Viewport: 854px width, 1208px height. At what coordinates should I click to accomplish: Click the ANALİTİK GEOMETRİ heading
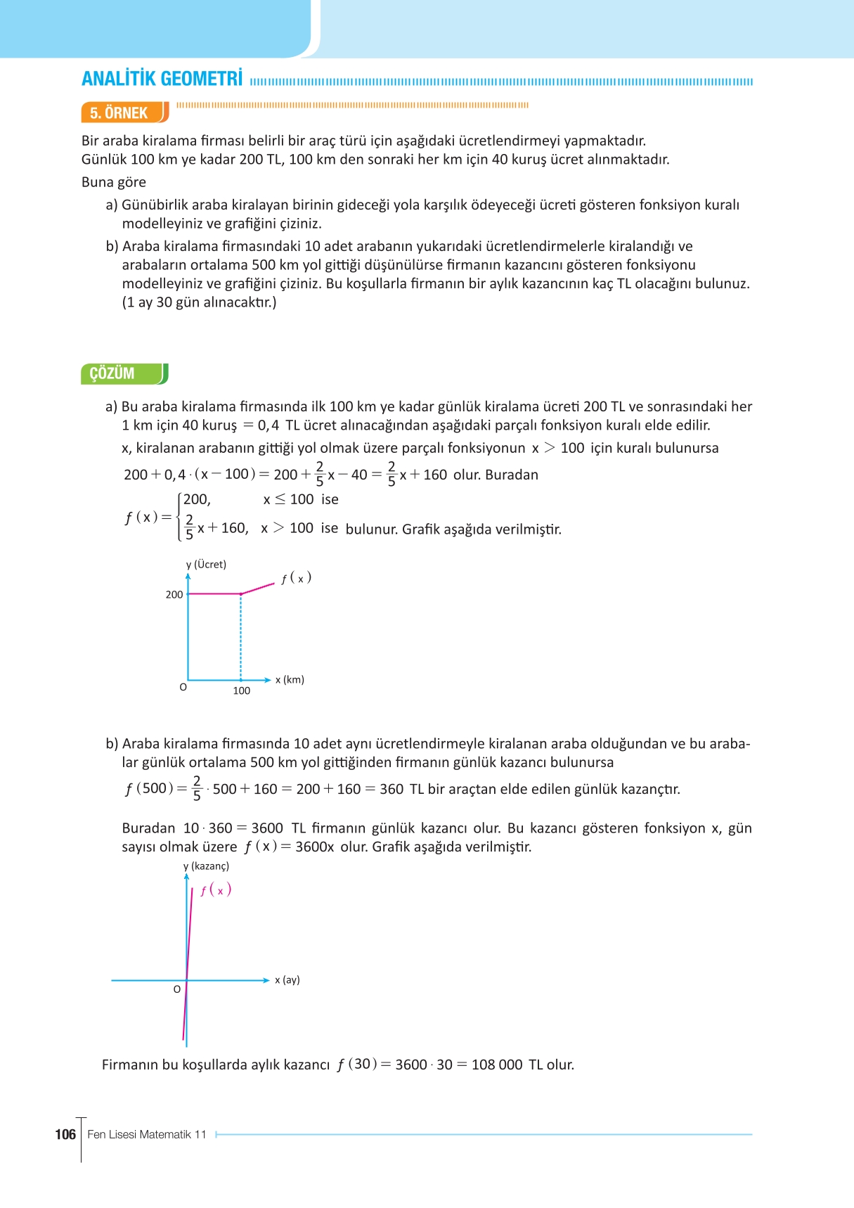pos(162,79)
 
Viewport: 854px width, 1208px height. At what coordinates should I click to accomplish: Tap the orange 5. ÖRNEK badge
pos(119,113)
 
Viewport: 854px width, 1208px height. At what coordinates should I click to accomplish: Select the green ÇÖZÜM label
pos(112,373)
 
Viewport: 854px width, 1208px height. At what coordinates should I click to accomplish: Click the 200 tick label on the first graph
pos(174,595)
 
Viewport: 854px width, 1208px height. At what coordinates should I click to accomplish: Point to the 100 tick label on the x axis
pos(241,690)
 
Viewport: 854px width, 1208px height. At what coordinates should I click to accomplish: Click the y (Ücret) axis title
pos(206,565)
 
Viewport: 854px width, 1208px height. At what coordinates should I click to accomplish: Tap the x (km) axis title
pos(290,680)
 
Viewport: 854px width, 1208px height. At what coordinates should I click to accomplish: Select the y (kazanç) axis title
pos(206,866)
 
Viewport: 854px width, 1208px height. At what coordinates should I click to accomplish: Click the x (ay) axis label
pos(287,980)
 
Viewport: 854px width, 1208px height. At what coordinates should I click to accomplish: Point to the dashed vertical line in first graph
pos(241,637)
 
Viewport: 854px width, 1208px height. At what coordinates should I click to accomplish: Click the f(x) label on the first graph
pos(296,578)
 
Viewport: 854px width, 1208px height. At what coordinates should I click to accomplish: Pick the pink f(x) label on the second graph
pos(216,890)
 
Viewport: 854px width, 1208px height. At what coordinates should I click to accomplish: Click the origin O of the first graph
pos(183,688)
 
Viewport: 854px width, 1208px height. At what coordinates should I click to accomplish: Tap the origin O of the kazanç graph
pos(177,989)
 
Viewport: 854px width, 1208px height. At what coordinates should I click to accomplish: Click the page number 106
pos(65,1134)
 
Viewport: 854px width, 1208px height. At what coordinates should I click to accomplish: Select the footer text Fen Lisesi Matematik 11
pos(147,1134)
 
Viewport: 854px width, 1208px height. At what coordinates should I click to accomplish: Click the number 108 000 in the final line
pos(496,1065)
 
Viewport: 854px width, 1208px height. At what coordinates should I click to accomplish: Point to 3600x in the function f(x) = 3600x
pos(314,847)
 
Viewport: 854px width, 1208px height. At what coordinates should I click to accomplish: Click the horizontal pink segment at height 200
pos(214,594)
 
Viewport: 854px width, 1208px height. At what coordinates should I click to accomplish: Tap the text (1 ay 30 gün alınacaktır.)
pos(199,302)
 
